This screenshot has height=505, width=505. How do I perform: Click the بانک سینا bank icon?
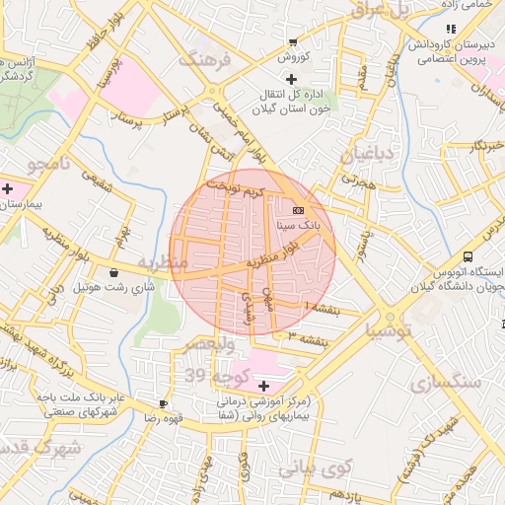coord(298,211)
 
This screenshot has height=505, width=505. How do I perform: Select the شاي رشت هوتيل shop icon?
coord(115,273)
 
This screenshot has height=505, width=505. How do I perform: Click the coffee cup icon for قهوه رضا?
coord(163,403)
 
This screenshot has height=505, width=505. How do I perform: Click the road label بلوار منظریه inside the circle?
coord(271,258)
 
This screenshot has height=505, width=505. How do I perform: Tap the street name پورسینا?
coord(111,77)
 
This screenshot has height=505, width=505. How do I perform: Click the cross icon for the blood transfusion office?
coord(290,78)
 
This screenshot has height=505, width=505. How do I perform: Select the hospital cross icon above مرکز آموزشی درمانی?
coord(262,384)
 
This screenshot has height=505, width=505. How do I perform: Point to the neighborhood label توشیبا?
coord(392,330)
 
